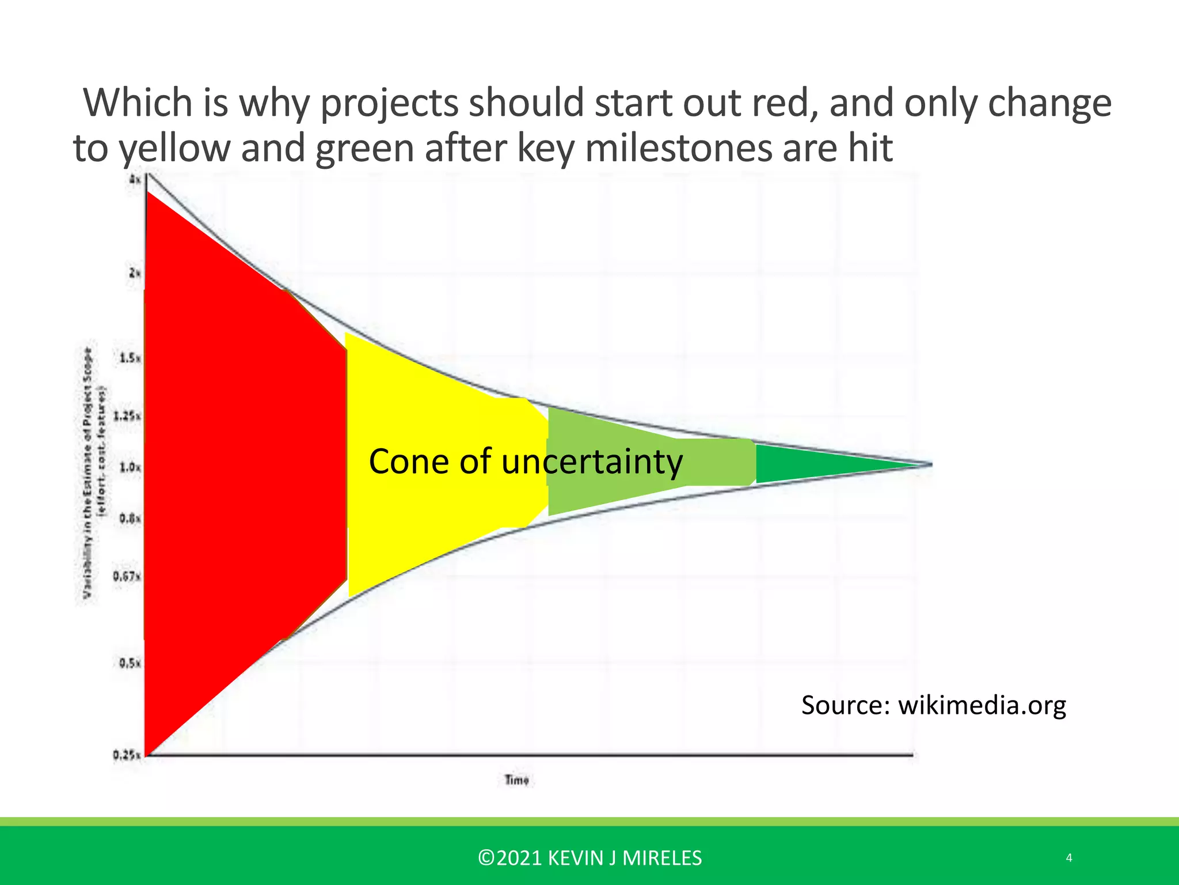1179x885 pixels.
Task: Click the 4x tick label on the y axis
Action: pos(135,180)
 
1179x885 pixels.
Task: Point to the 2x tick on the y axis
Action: pos(135,273)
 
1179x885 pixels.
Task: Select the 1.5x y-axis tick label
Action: pos(130,358)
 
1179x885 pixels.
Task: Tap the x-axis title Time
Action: pos(516,780)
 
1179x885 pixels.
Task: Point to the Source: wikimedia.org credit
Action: pos(933,705)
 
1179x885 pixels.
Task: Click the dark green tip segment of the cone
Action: pos(817,464)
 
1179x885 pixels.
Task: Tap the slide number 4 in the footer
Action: pos(1069,858)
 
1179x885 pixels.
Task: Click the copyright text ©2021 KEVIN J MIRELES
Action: pos(589,858)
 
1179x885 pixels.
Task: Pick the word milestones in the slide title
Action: pos(679,148)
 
